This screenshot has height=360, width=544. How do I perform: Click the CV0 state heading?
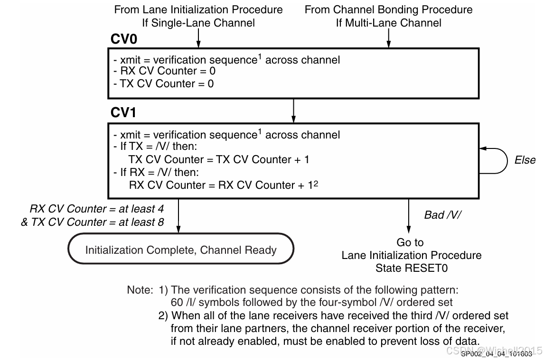click(124, 39)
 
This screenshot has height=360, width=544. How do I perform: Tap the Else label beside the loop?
click(525, 160)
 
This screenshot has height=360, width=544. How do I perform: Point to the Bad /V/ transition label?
click(442, 215)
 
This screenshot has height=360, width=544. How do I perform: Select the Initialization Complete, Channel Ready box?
click(181, 250)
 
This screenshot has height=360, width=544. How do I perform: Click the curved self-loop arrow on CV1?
click(496, 160)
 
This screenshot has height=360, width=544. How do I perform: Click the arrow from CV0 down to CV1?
click(294, 110)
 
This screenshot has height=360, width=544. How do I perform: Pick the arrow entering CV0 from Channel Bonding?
click(388, 38)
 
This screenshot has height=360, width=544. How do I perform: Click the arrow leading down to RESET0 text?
click(408, 216)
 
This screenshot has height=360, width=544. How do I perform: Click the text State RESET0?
click(412, 268)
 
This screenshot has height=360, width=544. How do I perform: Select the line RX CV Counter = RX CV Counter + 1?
click(220, 185)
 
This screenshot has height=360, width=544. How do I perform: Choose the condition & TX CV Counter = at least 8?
click(92, 222)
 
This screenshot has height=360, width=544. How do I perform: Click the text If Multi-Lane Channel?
click(388, 22)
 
